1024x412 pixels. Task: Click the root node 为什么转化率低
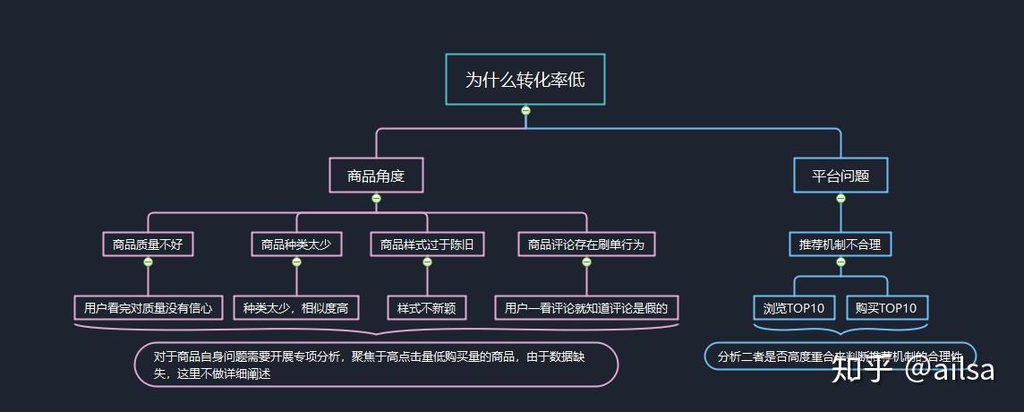tap(525, 80)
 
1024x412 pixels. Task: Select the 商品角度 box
tap(376, 176)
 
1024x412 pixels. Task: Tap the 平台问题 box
tap(841, 176)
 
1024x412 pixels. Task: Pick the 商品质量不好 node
tap(148, 244)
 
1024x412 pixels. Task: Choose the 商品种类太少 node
tap(296, 244)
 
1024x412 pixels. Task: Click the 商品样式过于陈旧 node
tap(427, 244)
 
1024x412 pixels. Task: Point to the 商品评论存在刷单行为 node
tap(586, 244)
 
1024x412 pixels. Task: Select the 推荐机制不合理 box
tap(841, 244)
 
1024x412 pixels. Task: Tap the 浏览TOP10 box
tap(794, 308)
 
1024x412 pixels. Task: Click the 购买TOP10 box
tap(886, 308)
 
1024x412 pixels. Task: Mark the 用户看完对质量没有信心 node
tap(148, 308)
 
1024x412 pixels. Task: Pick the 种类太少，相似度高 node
tap(296, 308)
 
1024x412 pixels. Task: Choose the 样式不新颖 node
tap(427, 308)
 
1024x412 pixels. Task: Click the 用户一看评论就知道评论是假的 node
tap(586, 308)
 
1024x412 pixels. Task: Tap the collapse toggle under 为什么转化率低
tap(525, 110)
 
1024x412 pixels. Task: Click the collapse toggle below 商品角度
tap(376, 199)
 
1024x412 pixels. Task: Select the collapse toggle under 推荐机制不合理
tap(841, 262)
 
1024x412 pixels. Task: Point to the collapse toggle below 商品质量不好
tap(148, 262)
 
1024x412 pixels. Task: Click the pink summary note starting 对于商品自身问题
tap(376, 365)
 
